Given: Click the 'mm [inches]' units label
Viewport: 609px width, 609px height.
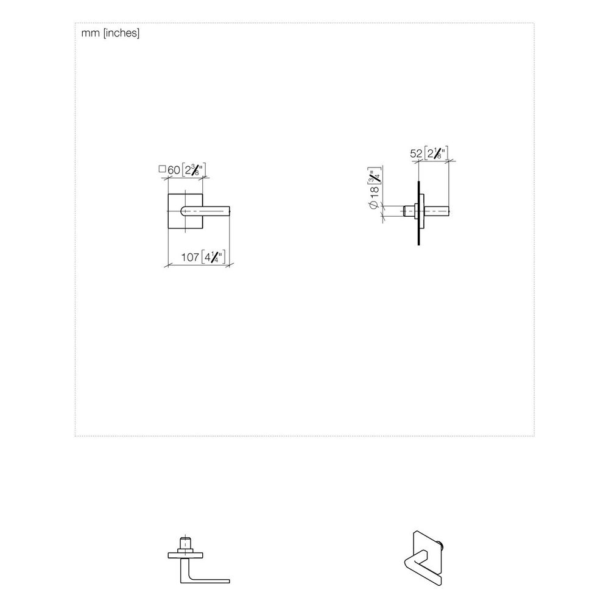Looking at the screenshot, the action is (x=110, y=33).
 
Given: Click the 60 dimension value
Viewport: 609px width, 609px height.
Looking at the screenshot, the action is (x=174, y=170).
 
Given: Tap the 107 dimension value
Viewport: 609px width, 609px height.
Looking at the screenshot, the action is (x=190, y=257).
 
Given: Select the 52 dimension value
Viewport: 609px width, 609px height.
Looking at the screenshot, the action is (x=416, y=153).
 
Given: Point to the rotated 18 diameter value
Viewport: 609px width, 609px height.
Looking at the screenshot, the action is (x=374, y=192).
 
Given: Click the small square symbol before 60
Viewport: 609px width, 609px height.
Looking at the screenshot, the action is (x=163, y=169).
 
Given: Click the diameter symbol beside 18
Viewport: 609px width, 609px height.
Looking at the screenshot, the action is (x=374, y=204).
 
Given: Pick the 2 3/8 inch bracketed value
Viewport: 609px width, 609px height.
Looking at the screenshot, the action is (x=194, y=170).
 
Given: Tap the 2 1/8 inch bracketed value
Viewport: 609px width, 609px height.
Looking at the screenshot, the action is (x=436, y=153).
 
